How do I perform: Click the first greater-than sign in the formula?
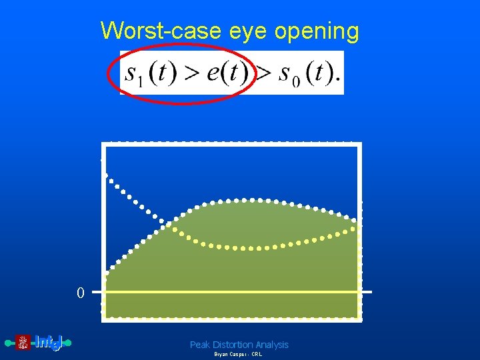coord(192,73)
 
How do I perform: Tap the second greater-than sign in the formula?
coord(265,73)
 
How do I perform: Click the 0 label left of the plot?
coord(80,293)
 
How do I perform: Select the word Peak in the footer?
coord(200,345)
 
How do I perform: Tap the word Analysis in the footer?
coord(272,345)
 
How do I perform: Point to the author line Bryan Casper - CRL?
coord(238,355)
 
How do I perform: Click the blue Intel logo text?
coord(48,343)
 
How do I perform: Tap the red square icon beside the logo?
coord(23,343)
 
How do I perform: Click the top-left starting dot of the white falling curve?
coord(105,175)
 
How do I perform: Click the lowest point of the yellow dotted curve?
coord(252,248)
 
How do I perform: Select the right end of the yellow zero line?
coord(370,292)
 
